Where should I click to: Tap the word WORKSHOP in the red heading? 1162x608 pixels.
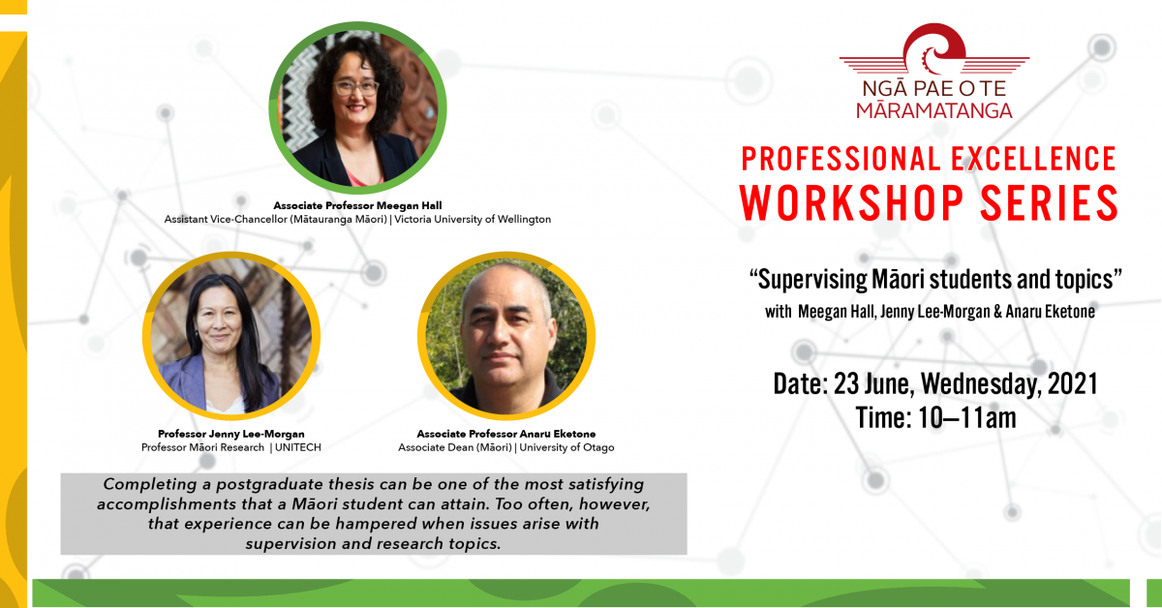pyautogui.click(x=851, y=203)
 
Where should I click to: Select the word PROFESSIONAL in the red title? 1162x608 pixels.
pyautogui.click(x=840, y=159)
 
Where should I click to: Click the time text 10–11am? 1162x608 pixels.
pyautogui.click(x=967, y=418)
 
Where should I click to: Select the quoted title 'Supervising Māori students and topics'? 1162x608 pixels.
pyautogui.click(x=935, y=280)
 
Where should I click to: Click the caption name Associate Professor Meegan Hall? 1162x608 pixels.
pyautogui.click(x=357, y=205)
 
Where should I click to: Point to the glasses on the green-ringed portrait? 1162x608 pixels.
pyautogui.click(x=356, y=87)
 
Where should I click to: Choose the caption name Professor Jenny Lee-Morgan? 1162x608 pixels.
pyautogui.click(x=231, y=434)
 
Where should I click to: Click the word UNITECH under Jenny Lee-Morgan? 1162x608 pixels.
pyautogui.click(x=298, y=447)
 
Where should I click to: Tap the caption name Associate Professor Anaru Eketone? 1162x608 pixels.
pyautogui.click(x=506, y=434)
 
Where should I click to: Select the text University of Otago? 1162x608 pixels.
pyautogui.click(x=567, y=447)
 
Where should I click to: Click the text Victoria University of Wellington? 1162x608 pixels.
pyautogui.click(x=473, y=220)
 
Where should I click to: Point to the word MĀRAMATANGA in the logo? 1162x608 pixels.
pyautogui.click(x=934, y=110)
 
